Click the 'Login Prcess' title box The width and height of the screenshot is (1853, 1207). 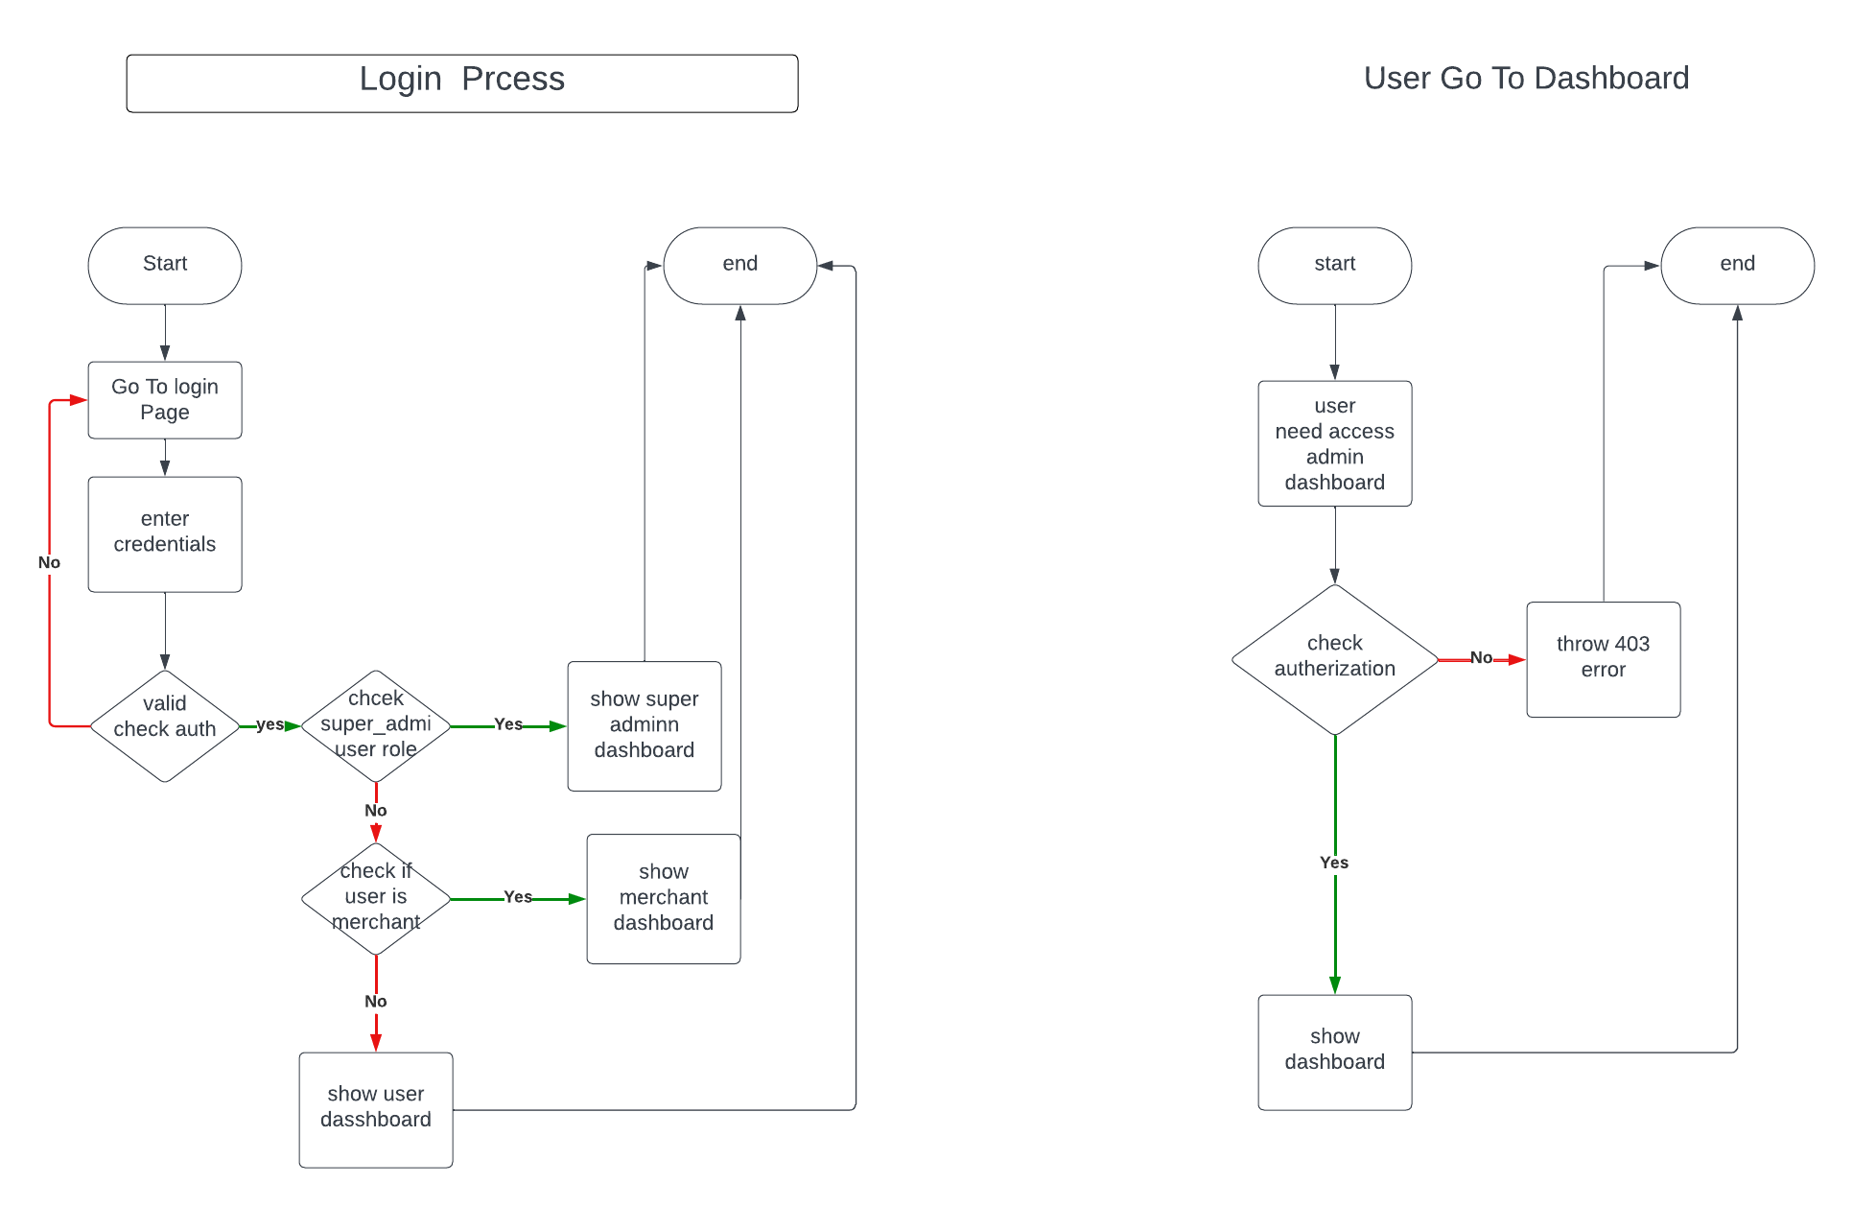(x=461, y=83)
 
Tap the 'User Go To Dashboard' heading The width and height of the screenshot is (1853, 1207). (x=1525, y=78)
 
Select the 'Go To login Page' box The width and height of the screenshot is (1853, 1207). (x=165, y=400)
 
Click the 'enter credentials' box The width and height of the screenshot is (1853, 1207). (x=165, y=533)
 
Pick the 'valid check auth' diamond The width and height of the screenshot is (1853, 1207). (x=165, y=725)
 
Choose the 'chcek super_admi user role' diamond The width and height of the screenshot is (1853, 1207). (x=376, y=725)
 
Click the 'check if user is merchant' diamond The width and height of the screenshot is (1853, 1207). (x=376, y=898)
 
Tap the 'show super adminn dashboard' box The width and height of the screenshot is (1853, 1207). (x=644, y=725)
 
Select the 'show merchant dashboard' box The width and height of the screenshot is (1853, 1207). (x=663, y=898)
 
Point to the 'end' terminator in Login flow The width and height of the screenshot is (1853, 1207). (x=739, y=265)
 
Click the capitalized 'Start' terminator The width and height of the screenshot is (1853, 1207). (x=165, y=265)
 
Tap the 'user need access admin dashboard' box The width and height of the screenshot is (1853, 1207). (x=1334, y=443)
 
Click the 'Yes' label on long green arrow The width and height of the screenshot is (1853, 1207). (x=1333, y=863)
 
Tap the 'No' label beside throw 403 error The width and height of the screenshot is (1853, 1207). (x=1481, y=657)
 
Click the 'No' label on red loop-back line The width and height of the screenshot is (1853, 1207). (x=49, y=562)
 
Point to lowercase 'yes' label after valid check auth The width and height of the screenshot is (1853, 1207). (x=270, y=724)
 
